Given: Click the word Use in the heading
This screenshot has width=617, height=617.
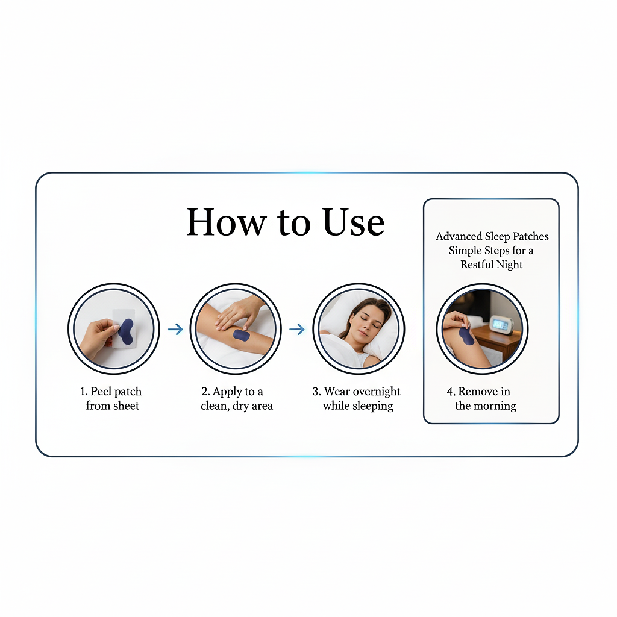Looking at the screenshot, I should click(x=354, y=222).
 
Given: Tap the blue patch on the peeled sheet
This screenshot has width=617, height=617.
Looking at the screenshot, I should click(x=126, y=331).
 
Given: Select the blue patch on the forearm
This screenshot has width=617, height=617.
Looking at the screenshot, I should click(x=242, y=334).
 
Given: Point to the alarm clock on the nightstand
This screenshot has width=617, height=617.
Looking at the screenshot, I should click(x=501, y=326).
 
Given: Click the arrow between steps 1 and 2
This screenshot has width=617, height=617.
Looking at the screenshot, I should click(x=175, y=329).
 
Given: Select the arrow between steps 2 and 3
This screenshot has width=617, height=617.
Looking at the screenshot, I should click(x=297, y=329).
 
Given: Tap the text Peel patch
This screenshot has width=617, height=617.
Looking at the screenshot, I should click(x=116, y=392).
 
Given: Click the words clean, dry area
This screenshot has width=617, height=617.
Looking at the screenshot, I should click(x=237, y=406).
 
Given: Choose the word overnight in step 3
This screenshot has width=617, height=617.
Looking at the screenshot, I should click(x=377, y=392).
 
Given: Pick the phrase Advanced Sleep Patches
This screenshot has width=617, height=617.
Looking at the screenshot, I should click(x=492, y=236).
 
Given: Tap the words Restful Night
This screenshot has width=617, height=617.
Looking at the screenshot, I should click(x=492, y=265).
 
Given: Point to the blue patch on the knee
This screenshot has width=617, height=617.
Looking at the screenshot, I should click(x=466, y=336).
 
